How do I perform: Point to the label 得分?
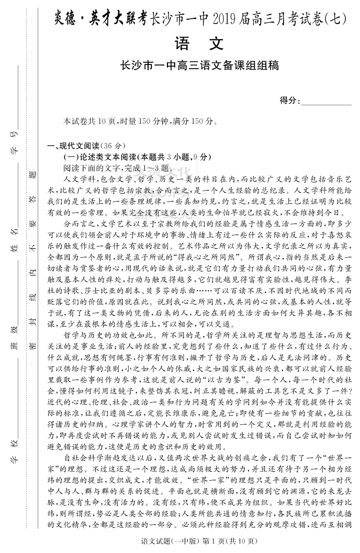click(289, 101)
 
